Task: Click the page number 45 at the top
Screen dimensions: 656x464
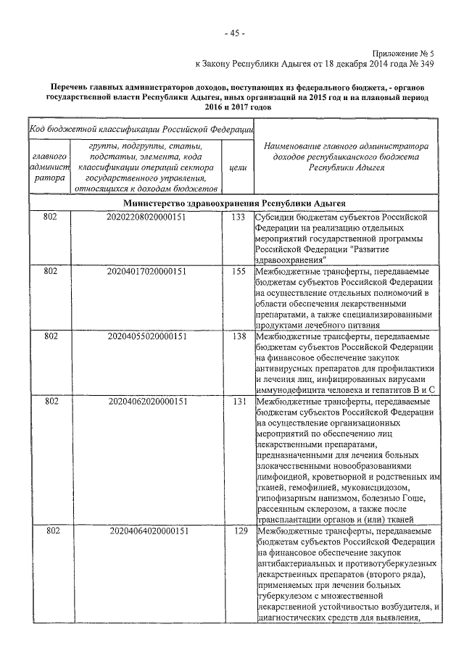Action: [x=233, y=33]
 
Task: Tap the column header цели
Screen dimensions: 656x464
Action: [x=237, y=167]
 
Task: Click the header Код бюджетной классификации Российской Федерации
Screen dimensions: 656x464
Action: [x=141, y=130]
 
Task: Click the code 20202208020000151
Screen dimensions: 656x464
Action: [x=147, y=217]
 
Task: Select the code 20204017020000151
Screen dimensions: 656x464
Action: [x=147, y=271]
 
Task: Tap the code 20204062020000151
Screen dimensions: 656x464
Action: [x=147, y=400]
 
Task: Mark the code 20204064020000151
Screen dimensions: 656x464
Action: [x=147, y=531]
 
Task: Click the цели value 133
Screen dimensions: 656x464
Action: [x=237, y=217]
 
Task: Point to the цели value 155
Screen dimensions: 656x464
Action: [x=237, y=271]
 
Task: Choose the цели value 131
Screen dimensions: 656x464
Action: [x=237, y=400]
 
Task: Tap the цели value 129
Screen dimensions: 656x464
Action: [x=237, y=531]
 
